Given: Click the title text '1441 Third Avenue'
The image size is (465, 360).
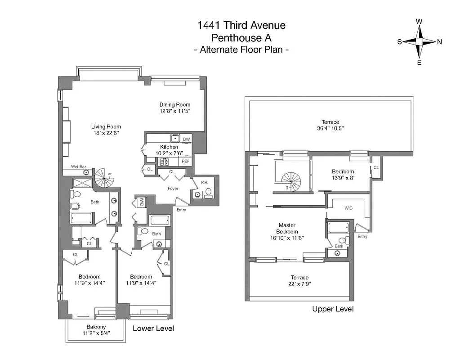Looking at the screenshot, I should [241, 26].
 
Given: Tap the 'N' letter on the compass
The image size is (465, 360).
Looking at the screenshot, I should [439, 41].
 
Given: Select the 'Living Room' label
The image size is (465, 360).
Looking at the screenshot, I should [106, 126].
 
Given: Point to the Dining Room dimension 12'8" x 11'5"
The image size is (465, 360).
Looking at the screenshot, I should [175, 111].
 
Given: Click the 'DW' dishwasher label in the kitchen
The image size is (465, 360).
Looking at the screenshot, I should [186, 139].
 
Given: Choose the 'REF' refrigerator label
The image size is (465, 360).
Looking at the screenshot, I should [185, 161].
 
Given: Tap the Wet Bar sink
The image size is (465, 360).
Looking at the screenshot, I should [85, 172].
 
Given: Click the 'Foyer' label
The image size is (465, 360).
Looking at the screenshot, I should [174, 189].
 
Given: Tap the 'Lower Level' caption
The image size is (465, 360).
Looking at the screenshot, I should [153, 328].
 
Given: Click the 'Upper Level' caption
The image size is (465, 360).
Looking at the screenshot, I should [333, 309].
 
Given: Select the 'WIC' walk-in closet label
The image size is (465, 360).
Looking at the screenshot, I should [348, 208].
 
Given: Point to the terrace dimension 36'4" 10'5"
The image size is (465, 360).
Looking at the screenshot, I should [330, 128].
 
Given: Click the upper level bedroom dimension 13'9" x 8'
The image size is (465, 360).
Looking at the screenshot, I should [343, 178].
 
